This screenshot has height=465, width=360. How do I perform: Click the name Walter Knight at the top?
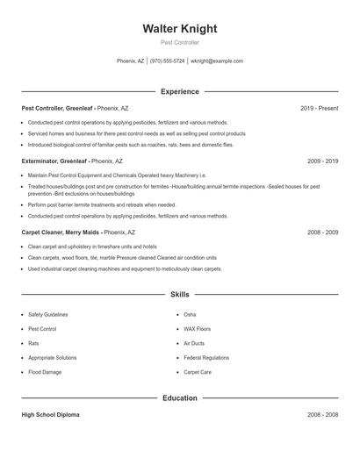(x=179, y=28)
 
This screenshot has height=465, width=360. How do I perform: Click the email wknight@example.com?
(x=217, y=61)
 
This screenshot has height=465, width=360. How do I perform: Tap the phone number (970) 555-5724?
(x=167, y=61)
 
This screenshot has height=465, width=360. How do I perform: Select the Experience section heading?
(x=179, y=91)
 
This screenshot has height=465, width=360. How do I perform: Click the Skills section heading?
(x=179, y=296)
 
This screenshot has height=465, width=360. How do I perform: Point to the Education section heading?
(x=179, y=397)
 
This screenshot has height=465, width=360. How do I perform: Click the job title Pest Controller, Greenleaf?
(x=58, y=108)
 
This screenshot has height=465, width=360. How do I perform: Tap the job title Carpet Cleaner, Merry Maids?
(x=61, y=232)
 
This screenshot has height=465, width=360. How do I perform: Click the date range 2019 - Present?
(x=319, y=108)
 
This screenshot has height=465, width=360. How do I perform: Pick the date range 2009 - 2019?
(x=322, y=161)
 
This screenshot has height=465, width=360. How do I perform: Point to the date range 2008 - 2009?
(x=322, y=232)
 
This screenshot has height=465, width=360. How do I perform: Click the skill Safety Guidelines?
(x=47, y=314)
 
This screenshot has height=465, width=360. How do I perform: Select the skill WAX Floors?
(x=198, y=329)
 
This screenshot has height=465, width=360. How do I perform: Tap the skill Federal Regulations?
(x=206, y=358)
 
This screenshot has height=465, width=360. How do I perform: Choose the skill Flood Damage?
(x=45, y=372)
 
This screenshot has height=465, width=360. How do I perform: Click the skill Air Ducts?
(x=194, y=343)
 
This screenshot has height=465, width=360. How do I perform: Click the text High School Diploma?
(x=50, y=414)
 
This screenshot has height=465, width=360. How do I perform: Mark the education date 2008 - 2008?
(x=322, y=414)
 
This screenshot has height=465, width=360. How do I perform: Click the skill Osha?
(x=190, y=314)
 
